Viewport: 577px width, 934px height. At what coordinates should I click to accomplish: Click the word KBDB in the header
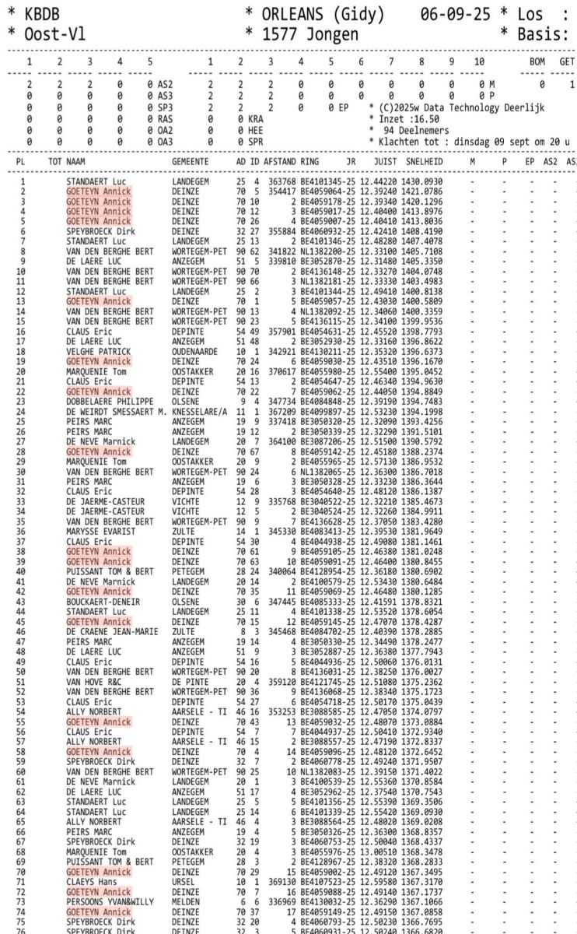[x=44, y=15]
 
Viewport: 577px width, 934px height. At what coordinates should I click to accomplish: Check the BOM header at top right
[x=537, y=60]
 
